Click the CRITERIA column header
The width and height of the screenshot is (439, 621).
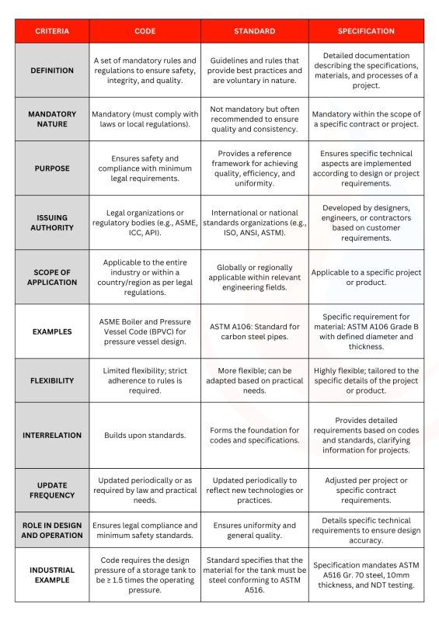[x=52, y=31]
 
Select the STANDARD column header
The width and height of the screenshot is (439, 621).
[x=254, y=31]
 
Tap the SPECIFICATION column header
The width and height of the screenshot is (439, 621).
[x=366, y=31]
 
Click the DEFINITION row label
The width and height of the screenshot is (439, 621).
[x=52, y=71]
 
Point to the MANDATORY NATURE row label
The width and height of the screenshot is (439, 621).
[x=52, y=119]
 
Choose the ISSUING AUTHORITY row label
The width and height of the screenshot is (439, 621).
[x=52, y=222]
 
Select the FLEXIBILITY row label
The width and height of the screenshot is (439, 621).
[x=52, y=380]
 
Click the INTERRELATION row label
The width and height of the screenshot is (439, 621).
[x=52, y=435]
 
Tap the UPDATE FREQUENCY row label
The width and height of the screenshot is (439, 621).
[x=52, y=490]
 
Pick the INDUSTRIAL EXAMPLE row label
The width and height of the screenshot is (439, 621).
[x=52, y=574]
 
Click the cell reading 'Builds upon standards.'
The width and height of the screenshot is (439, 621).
[x=145, y=435]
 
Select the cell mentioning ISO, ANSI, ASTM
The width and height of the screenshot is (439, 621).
[x=254, y=222]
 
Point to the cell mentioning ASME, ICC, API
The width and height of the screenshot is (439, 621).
[x=145, y=222]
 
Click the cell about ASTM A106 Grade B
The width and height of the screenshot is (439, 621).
[x=366, y=331]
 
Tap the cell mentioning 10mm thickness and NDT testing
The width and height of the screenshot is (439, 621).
[x=366, y=574]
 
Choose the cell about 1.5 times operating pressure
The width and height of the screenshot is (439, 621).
[x=145, y=574]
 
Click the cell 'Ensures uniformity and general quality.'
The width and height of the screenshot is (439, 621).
[x=254, y=531]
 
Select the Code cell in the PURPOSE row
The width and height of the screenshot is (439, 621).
[x=145, y=168]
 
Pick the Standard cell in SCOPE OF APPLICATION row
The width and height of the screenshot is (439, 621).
[x=254, y=277]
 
